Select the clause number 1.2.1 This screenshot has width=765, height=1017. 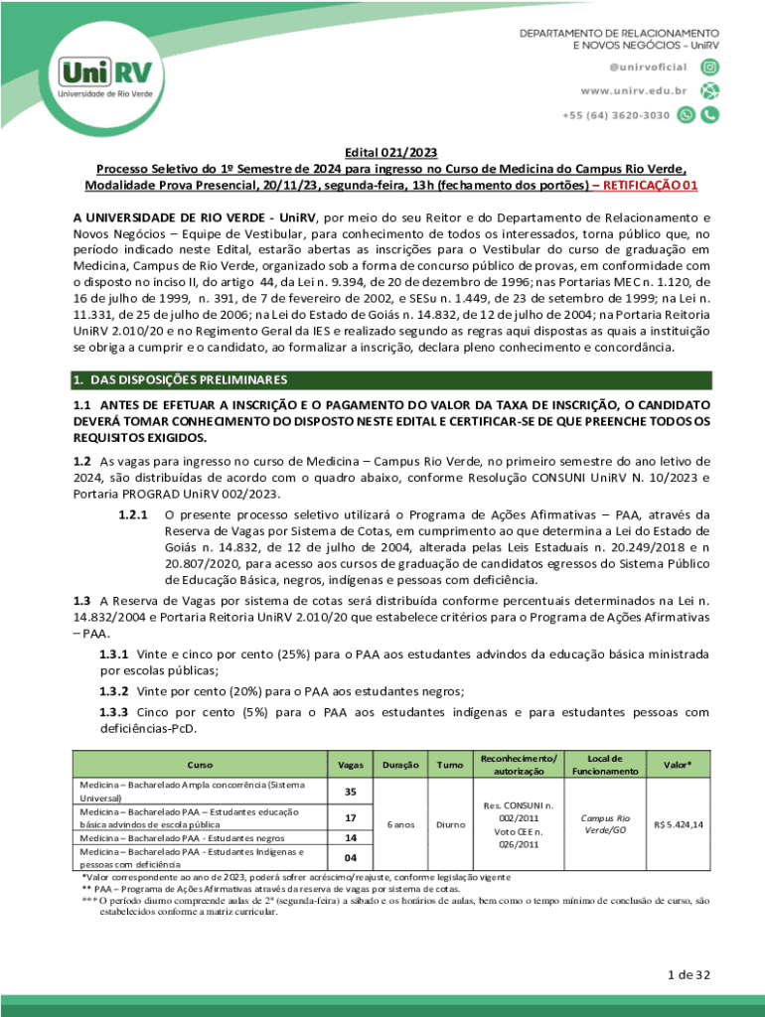[x=132, y=515]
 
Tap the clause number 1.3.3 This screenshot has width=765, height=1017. [x=114, y=712]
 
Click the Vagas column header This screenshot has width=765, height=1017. [x=350, y=765]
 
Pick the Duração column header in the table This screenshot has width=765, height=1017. [x=399, y=765]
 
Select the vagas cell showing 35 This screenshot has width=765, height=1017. [x=350, y=792]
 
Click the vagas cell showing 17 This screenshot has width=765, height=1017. [x=350, y=818]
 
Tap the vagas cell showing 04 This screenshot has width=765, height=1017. [x=350, y=857]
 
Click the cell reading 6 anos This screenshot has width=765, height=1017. [x=399, y=824]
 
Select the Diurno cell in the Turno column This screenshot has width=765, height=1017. [x=448, y=824]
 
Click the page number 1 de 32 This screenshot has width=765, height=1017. [x=689, y=974]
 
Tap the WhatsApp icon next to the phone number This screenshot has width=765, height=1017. [x=687, y=115]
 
